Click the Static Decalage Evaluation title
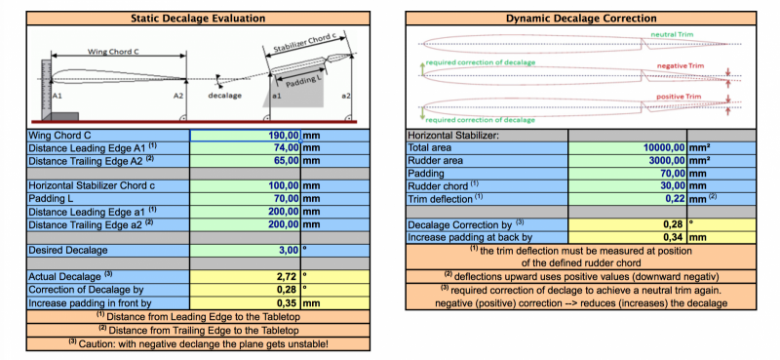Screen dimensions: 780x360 click(x=198, y=19)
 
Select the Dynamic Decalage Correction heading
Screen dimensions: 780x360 click(x=581, y=19)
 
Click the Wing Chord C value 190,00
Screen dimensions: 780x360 click(x=284, y=135)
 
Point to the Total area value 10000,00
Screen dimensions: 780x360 click(x=665, y=148)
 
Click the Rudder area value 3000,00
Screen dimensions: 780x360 click(x=667, y=161)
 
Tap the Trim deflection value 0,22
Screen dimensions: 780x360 click(x=677, y=199)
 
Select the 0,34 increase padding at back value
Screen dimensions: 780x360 click(x=677, y=237)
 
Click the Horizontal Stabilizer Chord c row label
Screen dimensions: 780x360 click(x=92, y=185)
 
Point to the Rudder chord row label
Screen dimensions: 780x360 click(x=438, y=186)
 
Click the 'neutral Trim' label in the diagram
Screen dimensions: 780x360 click(x=672, y=34)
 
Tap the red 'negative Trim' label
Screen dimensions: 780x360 click(x=680, y=65)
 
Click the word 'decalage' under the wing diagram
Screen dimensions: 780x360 click(x=224, y=96)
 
